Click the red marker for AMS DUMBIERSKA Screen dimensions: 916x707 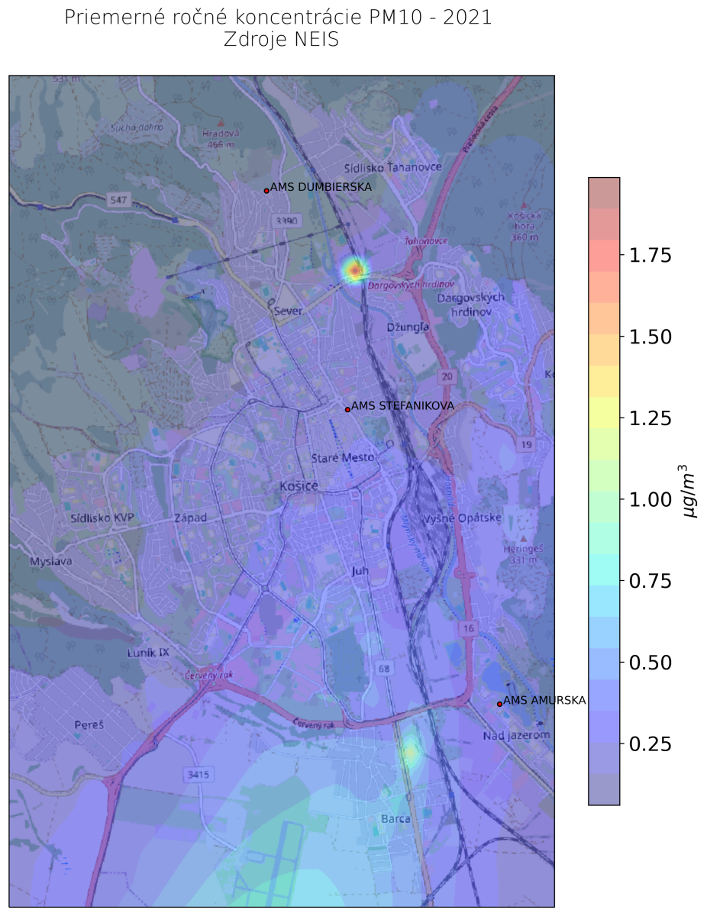point(266,191)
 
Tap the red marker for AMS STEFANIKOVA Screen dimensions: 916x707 point(347,410)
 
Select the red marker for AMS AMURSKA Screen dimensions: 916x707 point(499,704)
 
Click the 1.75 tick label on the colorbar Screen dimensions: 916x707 point(651,256)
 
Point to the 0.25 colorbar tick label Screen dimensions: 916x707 point(651,743)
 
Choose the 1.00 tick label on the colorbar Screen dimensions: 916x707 point(651,500)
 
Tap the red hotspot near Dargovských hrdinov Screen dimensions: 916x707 point(354,269)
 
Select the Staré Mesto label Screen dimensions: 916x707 point(343,458)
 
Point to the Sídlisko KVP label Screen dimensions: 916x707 point(102,518)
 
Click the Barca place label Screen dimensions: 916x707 point(395,819)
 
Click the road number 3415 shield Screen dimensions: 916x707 point(197,775)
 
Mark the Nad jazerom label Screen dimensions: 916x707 point(516,735)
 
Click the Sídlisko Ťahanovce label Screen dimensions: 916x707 point(392,167)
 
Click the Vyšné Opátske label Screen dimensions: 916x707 point(468,518)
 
